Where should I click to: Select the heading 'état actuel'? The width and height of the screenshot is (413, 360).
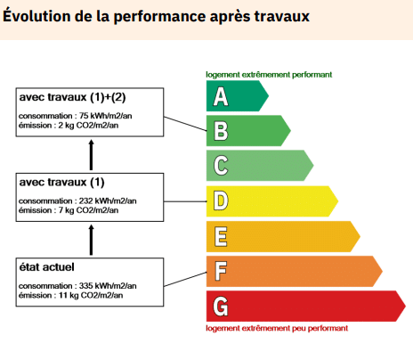pyautogui.click(x=46, y=266)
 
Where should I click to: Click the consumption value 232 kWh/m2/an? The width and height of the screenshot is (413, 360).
pyautogui.click(x=106, y=200)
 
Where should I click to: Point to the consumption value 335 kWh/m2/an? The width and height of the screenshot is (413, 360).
pyautogui.click(x=106, y=285)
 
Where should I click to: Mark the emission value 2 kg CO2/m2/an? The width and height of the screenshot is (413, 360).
pyautogui.click(x=85, y=125)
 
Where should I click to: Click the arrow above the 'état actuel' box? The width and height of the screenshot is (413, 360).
pyautogui.click(x=90, y=239)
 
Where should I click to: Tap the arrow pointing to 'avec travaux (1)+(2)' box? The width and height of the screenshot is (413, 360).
pyautogui.click(x=90, y=154)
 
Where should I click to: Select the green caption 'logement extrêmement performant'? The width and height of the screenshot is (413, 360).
pyautogui.click(x=269, y=75)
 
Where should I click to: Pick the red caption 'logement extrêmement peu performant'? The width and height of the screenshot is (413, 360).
pyautogui.click(x=277, y=328)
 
